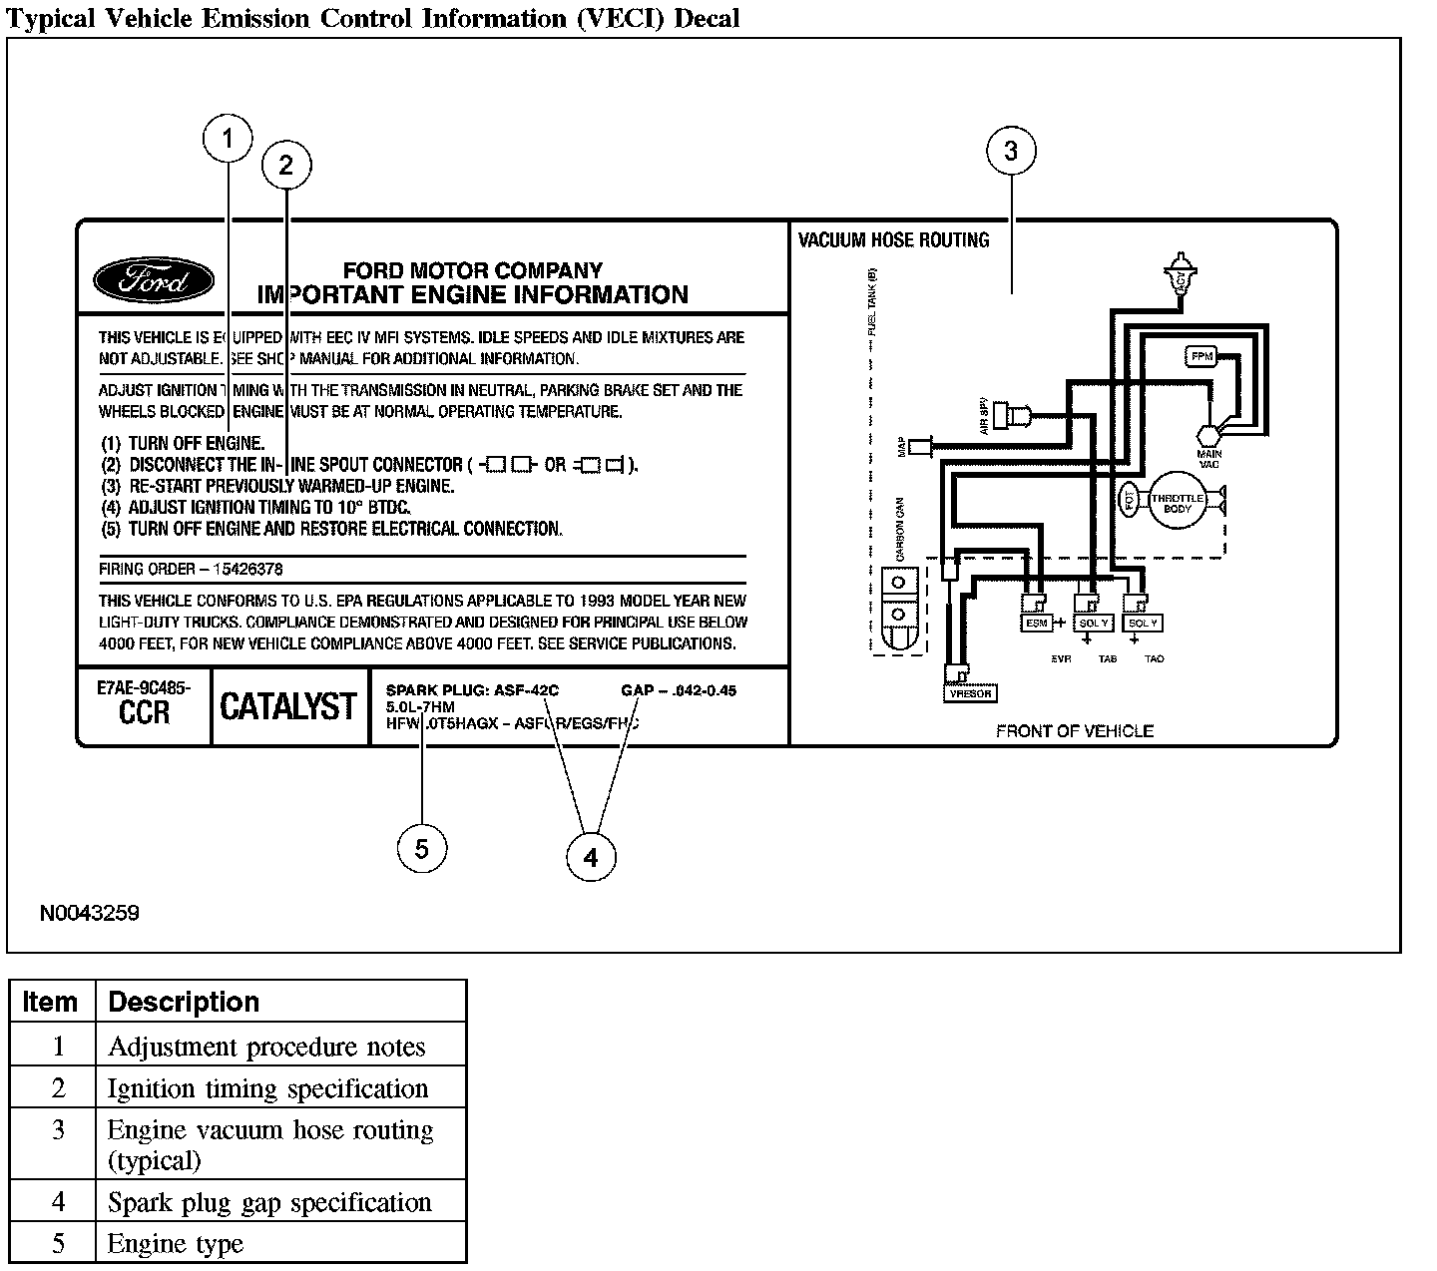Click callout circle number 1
click(228, 139)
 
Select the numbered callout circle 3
click(1011, 152)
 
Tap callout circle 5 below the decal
click(421, 849)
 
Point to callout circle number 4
click(591, 858)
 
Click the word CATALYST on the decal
click(288, 707)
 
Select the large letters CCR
click(145, 712)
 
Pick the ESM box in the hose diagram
click(1037, 624)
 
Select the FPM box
click(1200, 356)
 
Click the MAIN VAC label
click(1209, 460)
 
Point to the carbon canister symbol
click(898, 610)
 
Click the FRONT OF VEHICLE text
click(1074, 731)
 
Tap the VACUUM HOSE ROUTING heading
click(893, 240)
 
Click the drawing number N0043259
click(90, 913)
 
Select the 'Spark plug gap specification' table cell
click(269, 1202)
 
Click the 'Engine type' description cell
click(176, 1244)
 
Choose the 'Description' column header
click(184, 1002)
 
